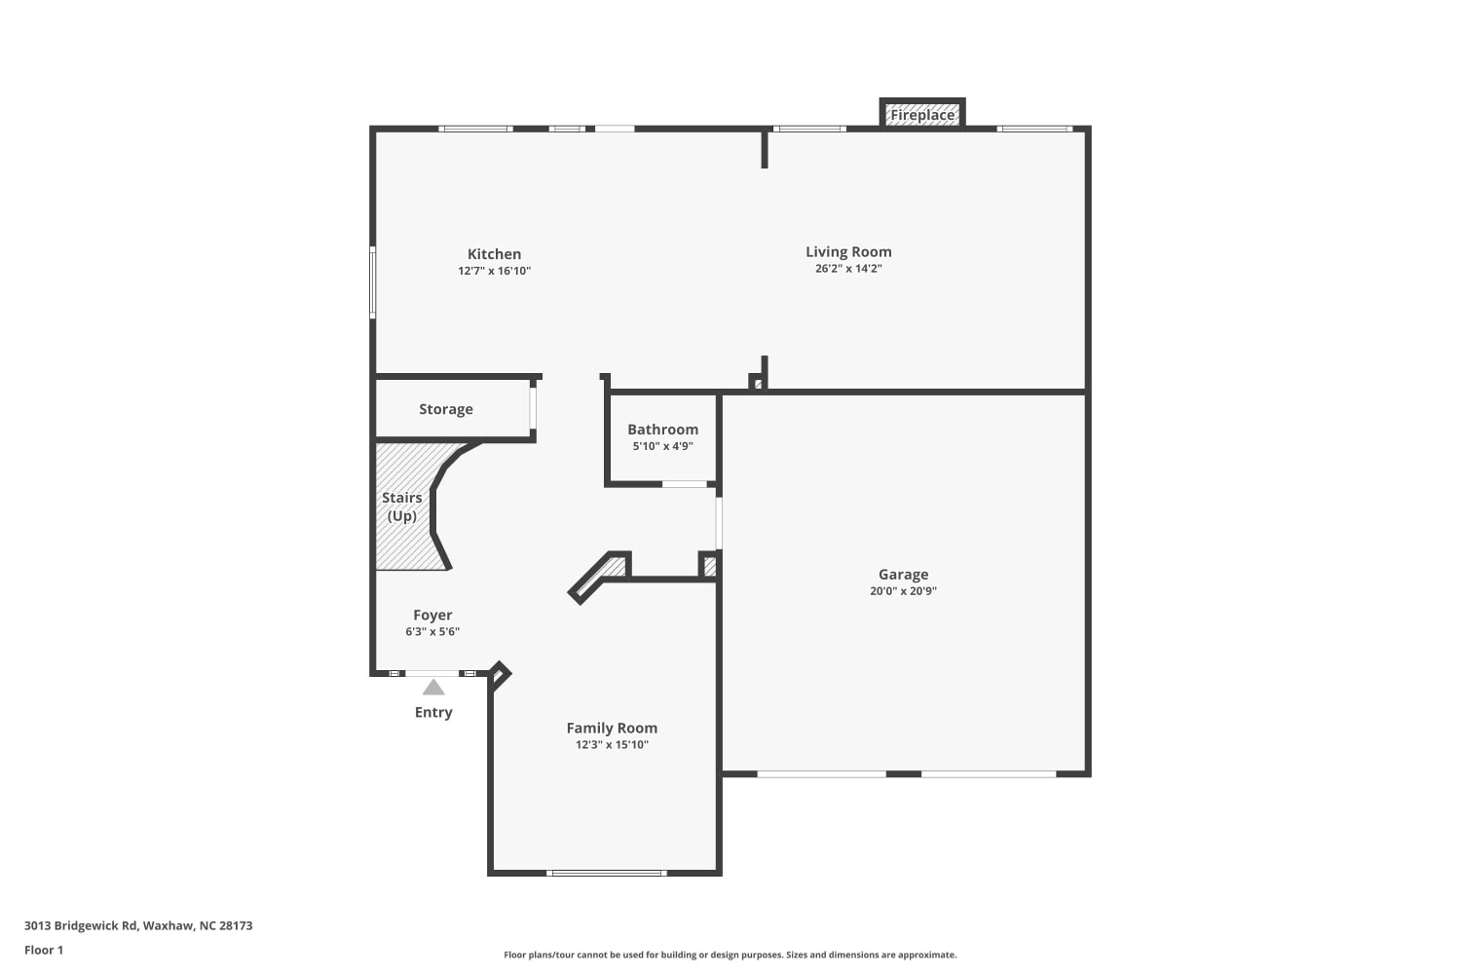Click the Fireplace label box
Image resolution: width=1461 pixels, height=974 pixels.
(922, 115)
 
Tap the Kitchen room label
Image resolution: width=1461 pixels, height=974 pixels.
(495, 254)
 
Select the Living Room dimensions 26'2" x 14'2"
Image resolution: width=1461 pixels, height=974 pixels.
(848, 268)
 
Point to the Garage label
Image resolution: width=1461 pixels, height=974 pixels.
(903, 575)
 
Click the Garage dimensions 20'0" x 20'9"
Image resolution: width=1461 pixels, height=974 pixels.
(903, 591)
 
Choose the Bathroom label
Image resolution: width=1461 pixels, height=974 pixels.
(662, 430)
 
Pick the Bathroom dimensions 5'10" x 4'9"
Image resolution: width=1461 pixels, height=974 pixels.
(662, 446)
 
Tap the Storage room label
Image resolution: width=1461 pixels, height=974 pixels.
(446, 409)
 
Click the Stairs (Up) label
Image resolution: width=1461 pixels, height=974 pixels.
(401, 506)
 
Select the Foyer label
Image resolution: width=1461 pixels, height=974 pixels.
(432, 616)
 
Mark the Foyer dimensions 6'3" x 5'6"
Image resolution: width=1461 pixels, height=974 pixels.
(432, 631)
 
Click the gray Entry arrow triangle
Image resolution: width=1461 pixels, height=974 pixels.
(433, 688)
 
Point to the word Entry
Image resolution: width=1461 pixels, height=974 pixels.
(433, 712)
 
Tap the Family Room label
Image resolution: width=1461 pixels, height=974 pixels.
(612, 728)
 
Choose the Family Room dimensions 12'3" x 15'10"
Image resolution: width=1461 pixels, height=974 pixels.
(612, 745)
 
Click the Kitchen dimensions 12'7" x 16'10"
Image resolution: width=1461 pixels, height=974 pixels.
(495, 271)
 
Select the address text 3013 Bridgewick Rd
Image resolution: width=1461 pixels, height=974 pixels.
(81, 925)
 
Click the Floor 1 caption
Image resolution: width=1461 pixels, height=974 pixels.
(44, 950)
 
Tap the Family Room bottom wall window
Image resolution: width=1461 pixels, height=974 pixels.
(607, 873)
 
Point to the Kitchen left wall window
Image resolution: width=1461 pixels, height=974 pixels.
(373, 282)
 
